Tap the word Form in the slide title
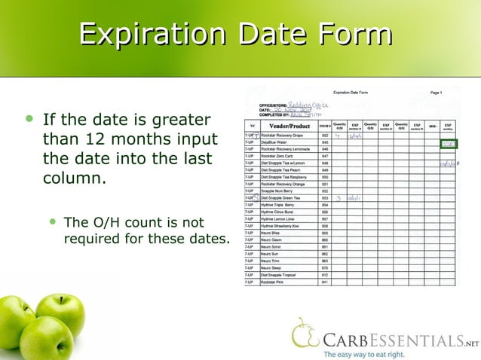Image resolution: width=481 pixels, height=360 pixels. (x=354, y=35)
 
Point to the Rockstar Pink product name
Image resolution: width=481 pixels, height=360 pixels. (x=273, y=282)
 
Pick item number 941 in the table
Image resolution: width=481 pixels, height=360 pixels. (x=325, y=282)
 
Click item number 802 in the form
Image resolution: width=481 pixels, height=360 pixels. (x=325, y=135)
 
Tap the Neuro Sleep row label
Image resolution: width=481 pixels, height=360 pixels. (x=271, y=268)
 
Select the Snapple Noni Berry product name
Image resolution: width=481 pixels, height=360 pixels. (x=278, y=191)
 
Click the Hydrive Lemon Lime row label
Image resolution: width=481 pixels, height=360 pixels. (x=279, y=219)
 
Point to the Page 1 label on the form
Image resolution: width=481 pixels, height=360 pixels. (x=436, y=93)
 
